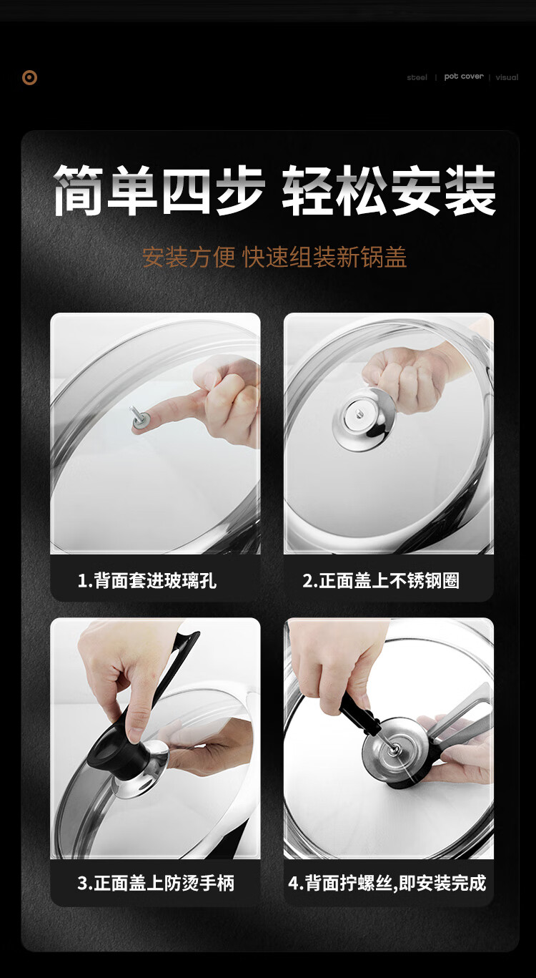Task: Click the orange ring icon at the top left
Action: (x=29, y=78)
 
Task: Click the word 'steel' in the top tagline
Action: (x=417, y=77)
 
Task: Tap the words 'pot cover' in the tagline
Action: (x=464, y=77)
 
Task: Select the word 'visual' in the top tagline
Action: (x=507, y=77)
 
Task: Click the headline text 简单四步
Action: (x=159, y=190)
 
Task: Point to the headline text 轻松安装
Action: (x=389, y=190)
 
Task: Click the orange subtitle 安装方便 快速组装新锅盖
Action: (x=274, y=257)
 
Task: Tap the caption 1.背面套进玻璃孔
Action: (x=147, y=580)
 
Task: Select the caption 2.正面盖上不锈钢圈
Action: (x=381, y=580)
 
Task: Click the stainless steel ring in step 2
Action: (x=363, y=419)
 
